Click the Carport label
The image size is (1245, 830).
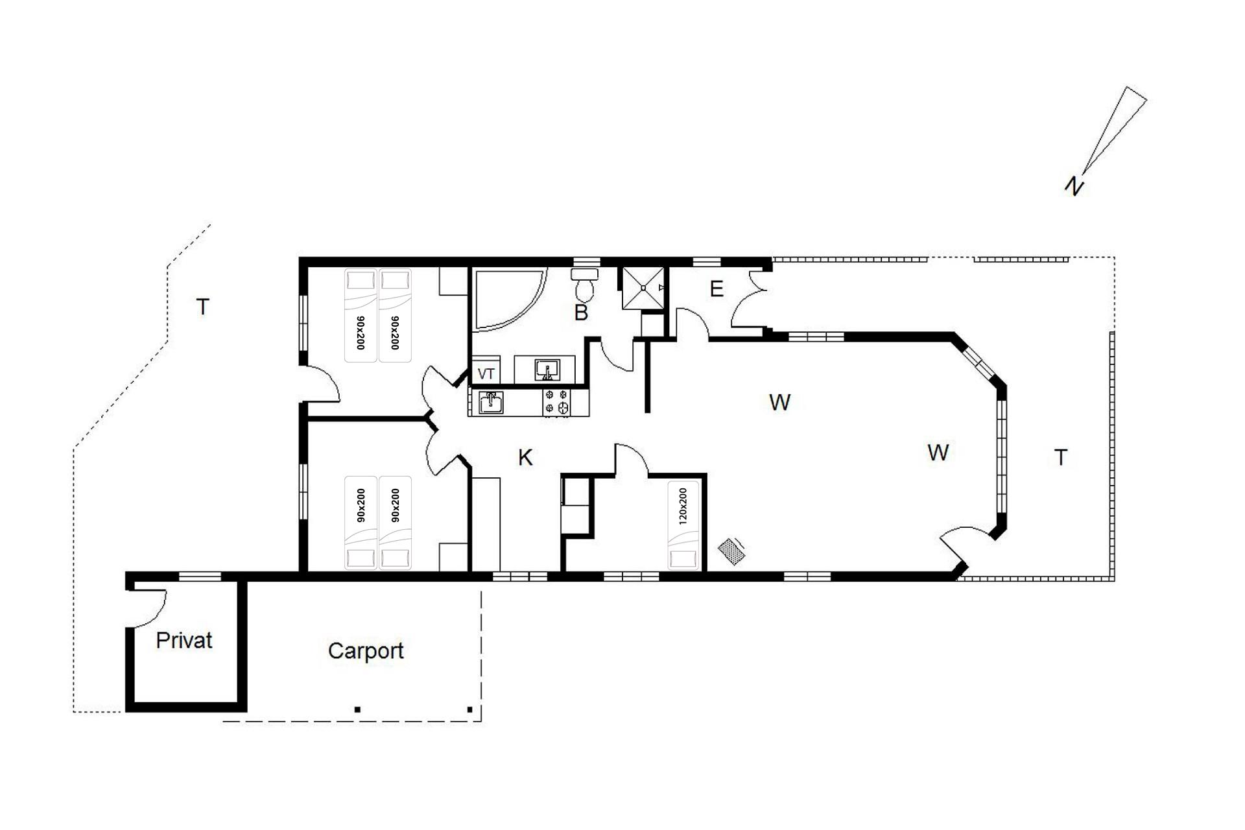coord(366,651)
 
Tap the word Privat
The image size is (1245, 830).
coord(184,641)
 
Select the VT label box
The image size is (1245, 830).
coord(486,373)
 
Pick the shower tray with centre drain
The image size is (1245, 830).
coord(643,288)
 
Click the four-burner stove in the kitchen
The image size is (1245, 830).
coord(557,401)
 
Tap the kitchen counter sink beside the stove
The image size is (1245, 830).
coord(491,402)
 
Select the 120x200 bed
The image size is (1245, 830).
coord(683,526)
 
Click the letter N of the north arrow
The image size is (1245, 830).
coord(1074,186)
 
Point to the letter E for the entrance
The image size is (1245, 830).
coord(717,289)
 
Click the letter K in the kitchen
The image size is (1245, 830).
coord(525,458)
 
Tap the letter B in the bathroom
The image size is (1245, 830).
coord(581,313)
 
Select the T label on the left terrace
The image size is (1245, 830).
coord(203,307)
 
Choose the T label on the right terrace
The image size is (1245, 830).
coord(1061,458)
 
